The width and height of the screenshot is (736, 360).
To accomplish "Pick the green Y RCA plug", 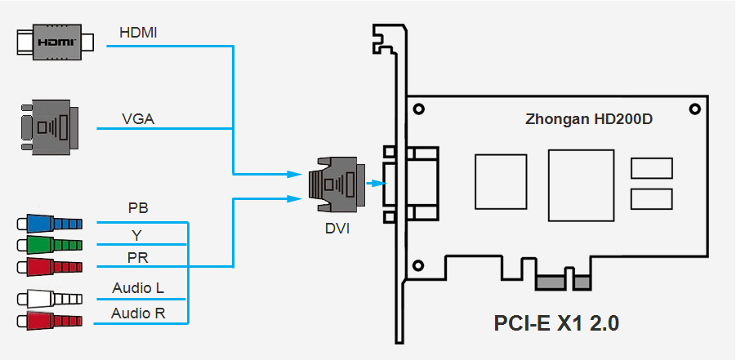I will (49, 245).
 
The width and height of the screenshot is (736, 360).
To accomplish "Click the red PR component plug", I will (49, 267).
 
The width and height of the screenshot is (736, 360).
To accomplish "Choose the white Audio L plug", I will (49, 299).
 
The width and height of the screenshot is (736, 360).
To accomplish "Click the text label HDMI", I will (139, 33).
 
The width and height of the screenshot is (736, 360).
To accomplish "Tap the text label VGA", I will (139, 118).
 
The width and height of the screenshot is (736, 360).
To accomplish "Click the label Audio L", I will (137, 288).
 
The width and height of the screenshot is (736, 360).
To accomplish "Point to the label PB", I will (138, 208).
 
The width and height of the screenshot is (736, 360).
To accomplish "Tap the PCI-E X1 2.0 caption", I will (556, 322).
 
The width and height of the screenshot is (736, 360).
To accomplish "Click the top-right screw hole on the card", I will (694, 109).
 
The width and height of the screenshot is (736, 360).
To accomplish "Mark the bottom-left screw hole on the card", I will (419, 264).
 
